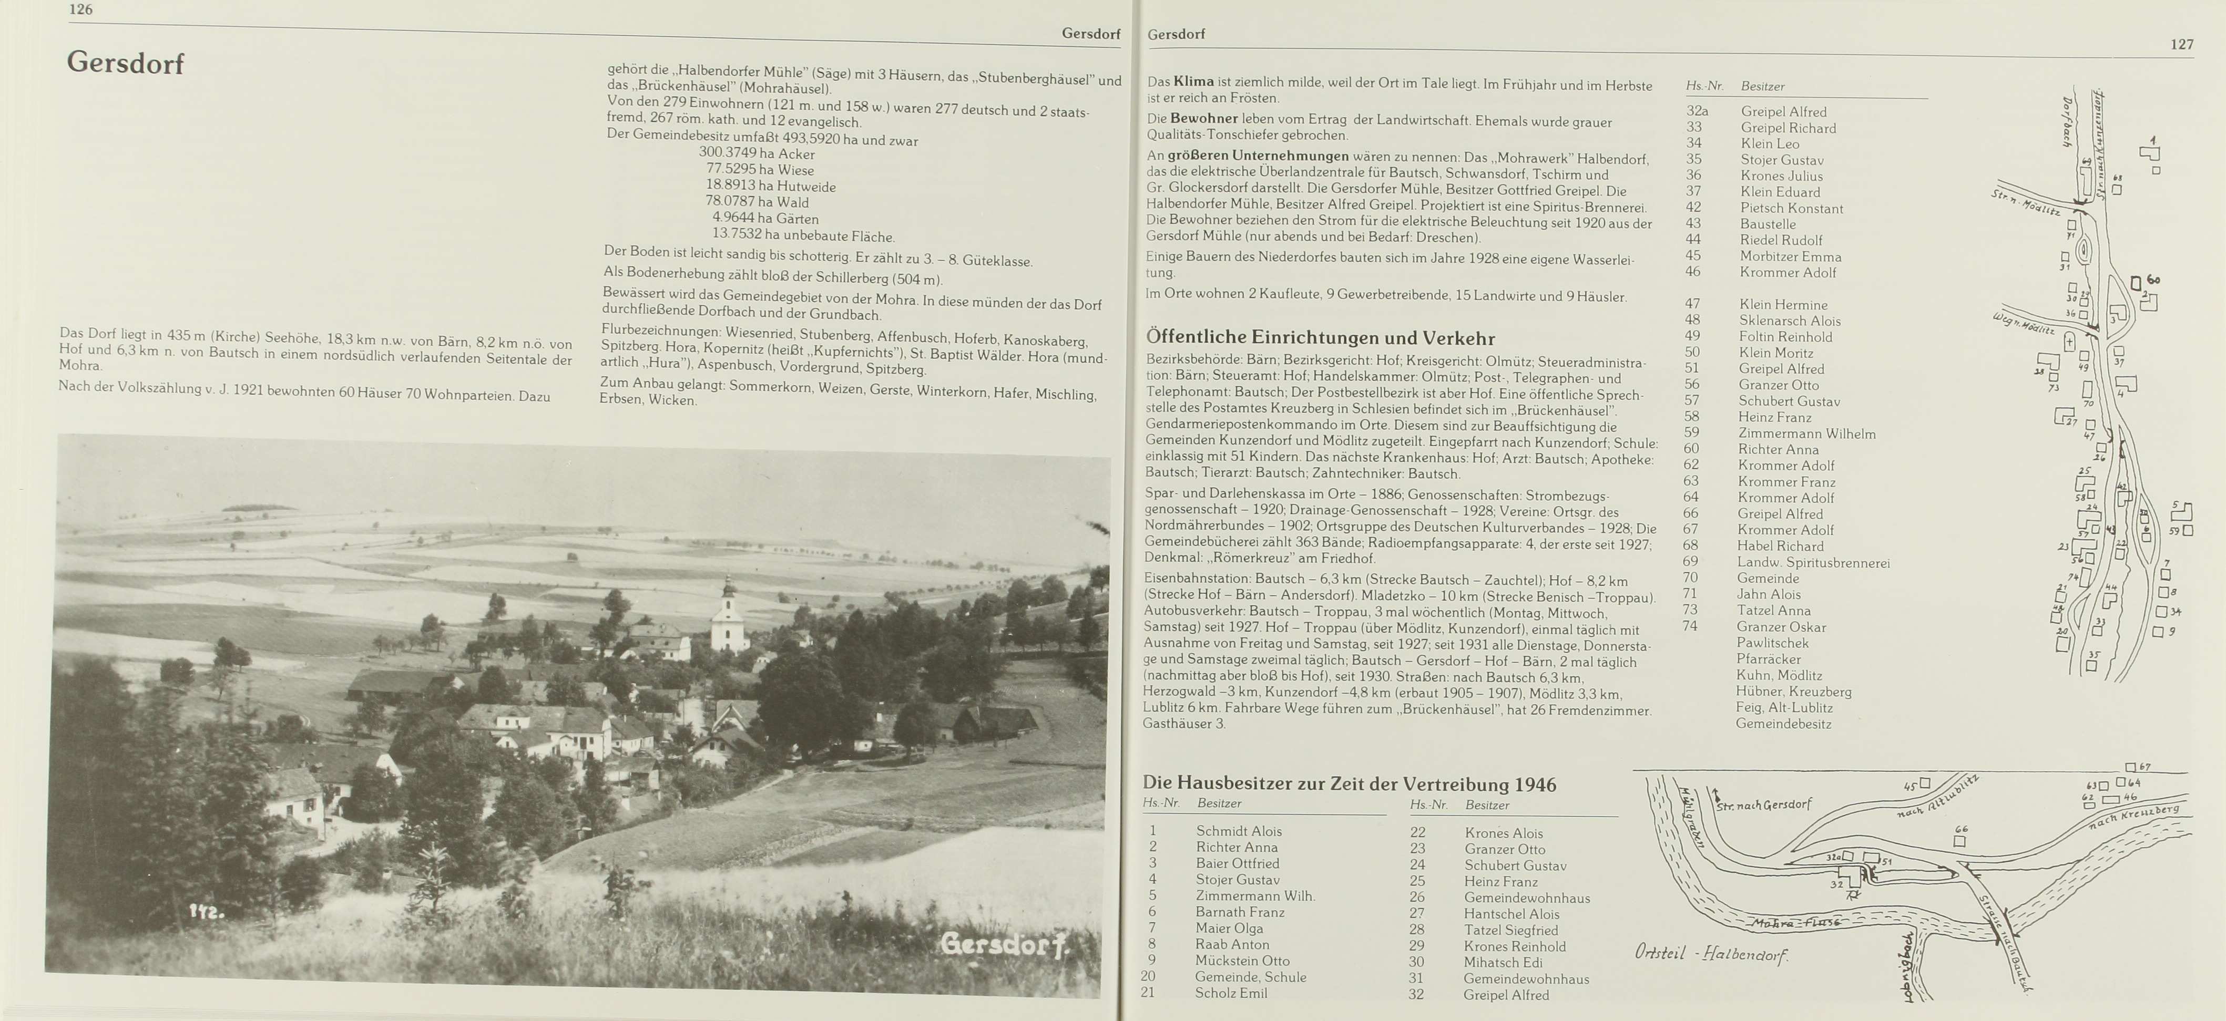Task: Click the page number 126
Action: [80, 9]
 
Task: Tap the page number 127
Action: [2181, 45]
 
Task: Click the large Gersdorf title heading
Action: [125, 63]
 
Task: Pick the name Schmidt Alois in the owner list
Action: [1238, 831]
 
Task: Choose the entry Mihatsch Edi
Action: [1503, 962]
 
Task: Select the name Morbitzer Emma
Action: [1791, 256]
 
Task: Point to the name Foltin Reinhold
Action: [1785, 337]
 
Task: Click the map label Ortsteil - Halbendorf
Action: [1710, 954]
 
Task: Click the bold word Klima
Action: [1193, 81]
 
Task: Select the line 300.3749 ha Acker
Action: [756, 154]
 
